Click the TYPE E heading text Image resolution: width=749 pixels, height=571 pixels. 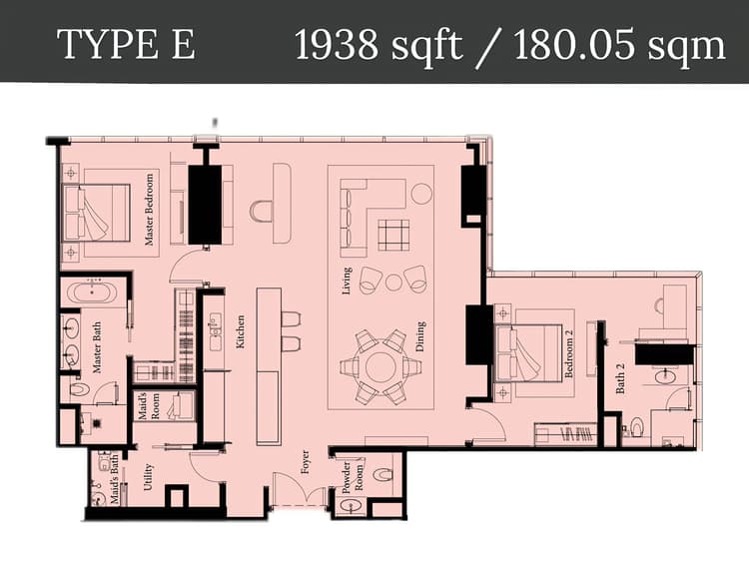coord(126,45)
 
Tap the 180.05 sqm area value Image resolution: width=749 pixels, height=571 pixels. coord(620,45)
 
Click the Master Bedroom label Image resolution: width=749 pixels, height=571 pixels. coord(150,210)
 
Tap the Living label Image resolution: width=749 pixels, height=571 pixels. coord(347,279)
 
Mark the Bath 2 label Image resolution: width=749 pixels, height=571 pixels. coord(620,377)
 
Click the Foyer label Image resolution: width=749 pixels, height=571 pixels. coord(306,463)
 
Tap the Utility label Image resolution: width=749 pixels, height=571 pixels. coord(148,483)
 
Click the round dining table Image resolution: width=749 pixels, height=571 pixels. coord(380,366)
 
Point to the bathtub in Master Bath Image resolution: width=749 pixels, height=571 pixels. coord(93,294)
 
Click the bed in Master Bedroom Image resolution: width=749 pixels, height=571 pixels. coord(98,213)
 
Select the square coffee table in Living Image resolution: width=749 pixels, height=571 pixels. coord(393,234)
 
